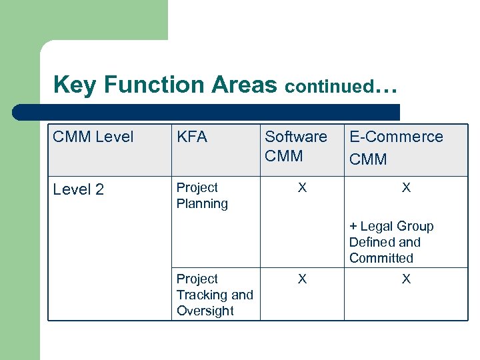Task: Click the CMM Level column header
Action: pos(93,137)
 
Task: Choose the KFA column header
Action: pos(192,137)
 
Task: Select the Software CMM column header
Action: pos(296,146)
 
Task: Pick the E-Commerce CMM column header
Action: pos(396,147)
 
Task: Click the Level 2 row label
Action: pos(79,189)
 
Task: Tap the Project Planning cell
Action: pos(202,196)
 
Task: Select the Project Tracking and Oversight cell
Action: pos(215,295)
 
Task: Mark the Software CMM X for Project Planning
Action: pos(302,188)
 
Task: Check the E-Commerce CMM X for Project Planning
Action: pos(406,188)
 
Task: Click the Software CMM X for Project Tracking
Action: pos(302,279)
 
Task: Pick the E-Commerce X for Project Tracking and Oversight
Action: pos(406,279)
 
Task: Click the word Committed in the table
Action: pos(381,258)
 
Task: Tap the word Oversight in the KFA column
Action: pos(205,311)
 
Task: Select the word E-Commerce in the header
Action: pos(396,137)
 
